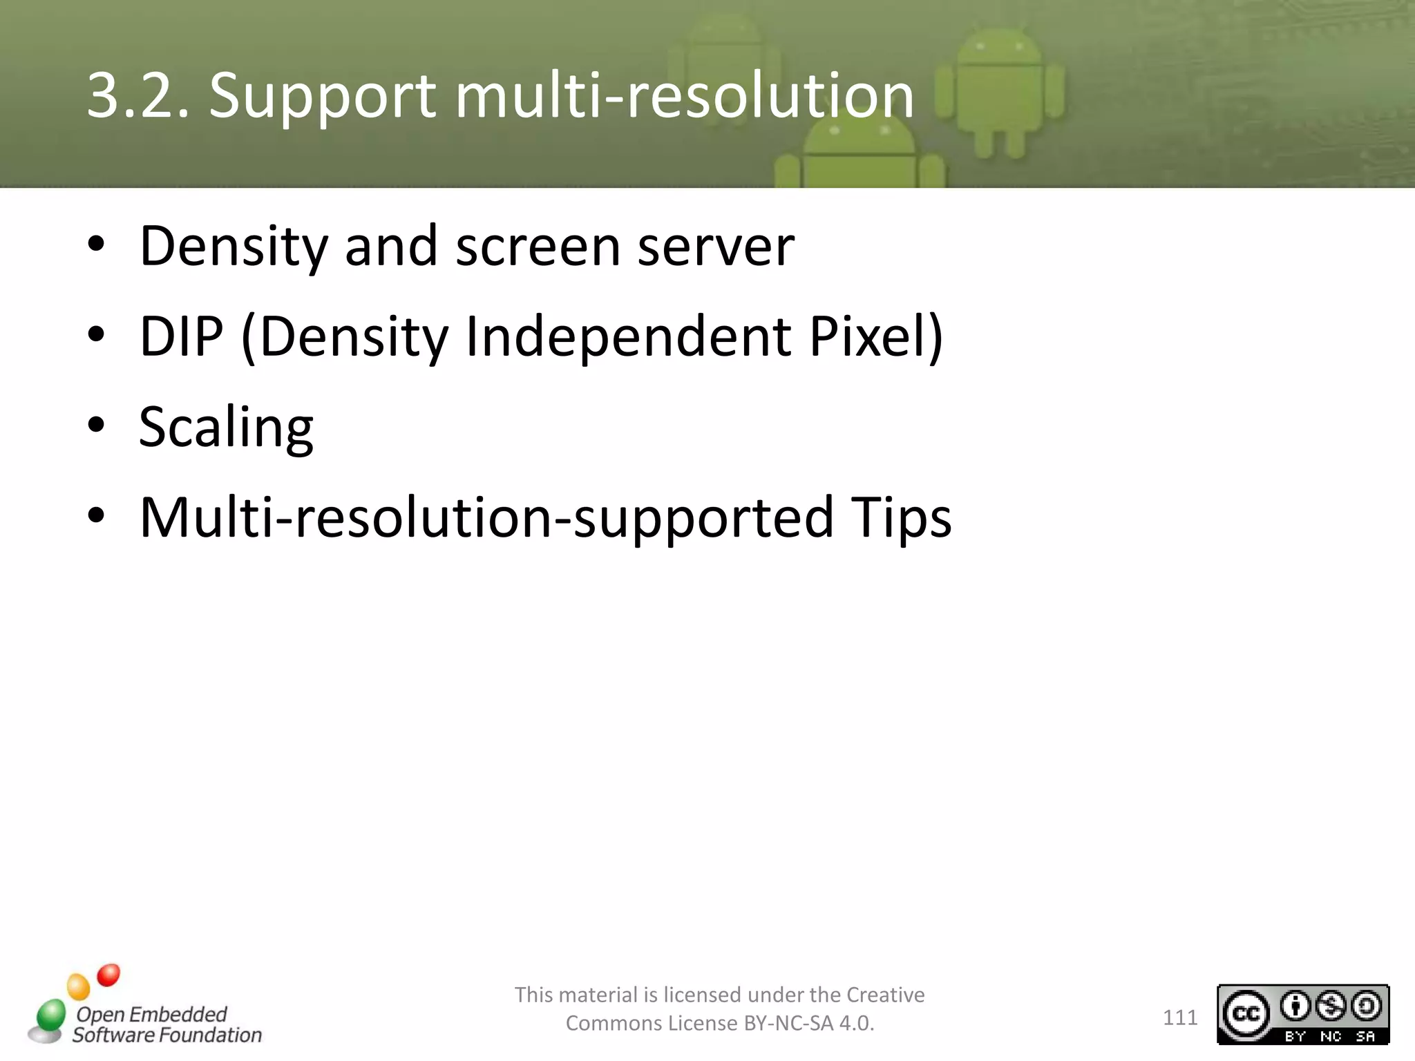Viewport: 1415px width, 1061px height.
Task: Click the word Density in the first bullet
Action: (x=233, y=247)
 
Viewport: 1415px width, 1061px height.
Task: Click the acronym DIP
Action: (x=181, y=336)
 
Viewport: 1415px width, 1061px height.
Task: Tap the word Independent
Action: (x=628, y=336)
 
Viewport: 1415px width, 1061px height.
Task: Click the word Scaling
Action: (x=226, y=428)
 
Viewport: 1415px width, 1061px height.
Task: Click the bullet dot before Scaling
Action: (x=96, y=424)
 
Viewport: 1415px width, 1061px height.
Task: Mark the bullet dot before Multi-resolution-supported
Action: (x=96, y=515)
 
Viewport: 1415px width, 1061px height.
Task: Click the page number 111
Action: (x=1180, y=1017)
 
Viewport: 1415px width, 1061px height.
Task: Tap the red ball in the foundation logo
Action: (x=108, y=975)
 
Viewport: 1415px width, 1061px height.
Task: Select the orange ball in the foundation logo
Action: (x=79, y=986)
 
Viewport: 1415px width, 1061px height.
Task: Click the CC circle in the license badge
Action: (x=1246, y=1013)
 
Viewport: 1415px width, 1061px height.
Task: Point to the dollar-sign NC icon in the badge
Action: (x=1331, y=1006)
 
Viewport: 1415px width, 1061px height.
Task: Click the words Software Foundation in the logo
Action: (x=167, y=1035)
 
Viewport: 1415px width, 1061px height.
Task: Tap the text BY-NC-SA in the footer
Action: (x=788, y=1023)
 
